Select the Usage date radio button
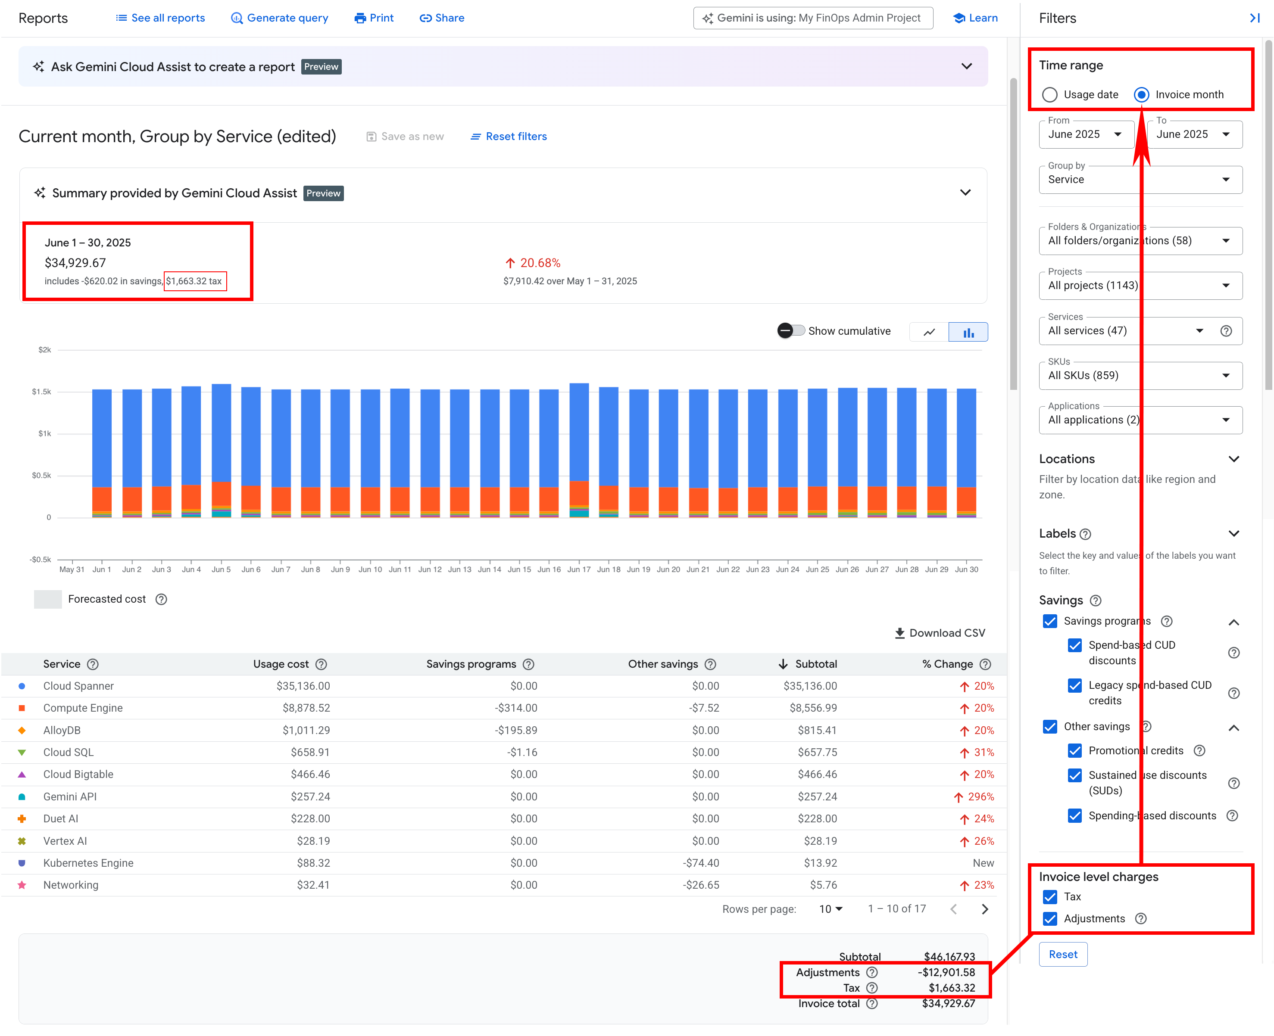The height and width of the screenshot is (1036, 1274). (1049, 95)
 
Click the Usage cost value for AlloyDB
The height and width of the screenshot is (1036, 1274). (306, 731)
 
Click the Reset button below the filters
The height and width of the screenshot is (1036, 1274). (1063, 954)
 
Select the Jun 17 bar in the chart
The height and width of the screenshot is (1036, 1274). (578, 450)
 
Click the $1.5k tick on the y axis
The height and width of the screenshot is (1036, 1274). (42, 392)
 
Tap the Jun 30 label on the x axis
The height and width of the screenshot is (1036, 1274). (966, 569)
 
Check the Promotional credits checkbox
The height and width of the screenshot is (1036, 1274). (1074, 751)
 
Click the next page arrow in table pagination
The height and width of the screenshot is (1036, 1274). (984, 909)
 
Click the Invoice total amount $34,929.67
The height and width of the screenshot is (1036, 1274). (948, 1003)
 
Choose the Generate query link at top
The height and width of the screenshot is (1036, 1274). (279, 18)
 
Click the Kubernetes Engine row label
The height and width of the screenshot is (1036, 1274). (88, 863)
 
